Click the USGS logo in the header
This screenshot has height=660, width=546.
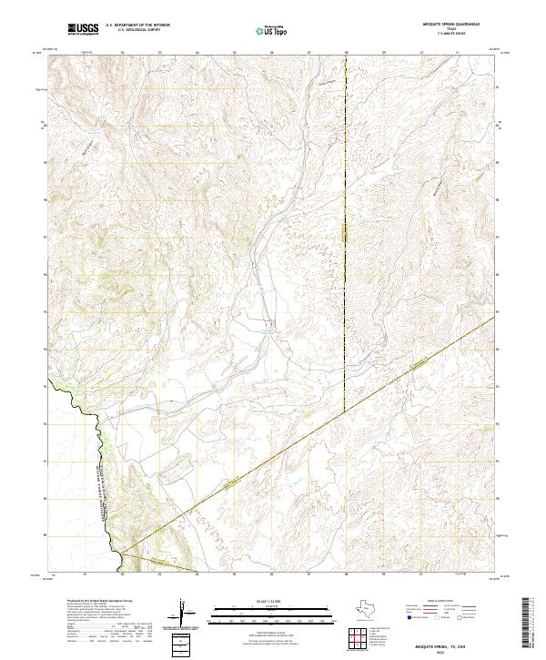[83, 29]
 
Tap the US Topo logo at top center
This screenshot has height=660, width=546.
[273, 29]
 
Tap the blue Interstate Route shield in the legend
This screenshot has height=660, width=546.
[409, 618]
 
